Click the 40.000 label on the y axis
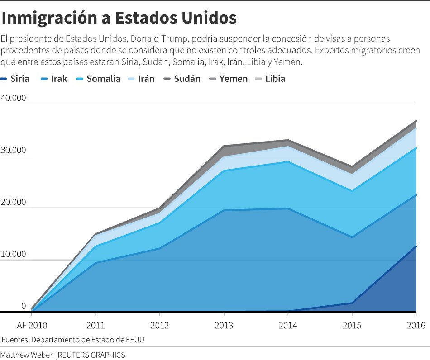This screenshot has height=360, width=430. (14, 98)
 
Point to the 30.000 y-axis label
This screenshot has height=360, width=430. (14, 150)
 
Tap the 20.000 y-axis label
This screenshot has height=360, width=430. (14, 202)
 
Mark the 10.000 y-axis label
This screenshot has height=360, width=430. (14, 254)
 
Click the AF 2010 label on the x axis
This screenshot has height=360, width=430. (32, 325)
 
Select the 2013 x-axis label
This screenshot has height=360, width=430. (224, 325)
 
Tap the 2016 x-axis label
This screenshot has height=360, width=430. (416, 325)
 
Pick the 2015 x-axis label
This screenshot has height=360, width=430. (352, 325)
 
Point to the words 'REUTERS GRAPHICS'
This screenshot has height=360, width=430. (91, 355)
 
